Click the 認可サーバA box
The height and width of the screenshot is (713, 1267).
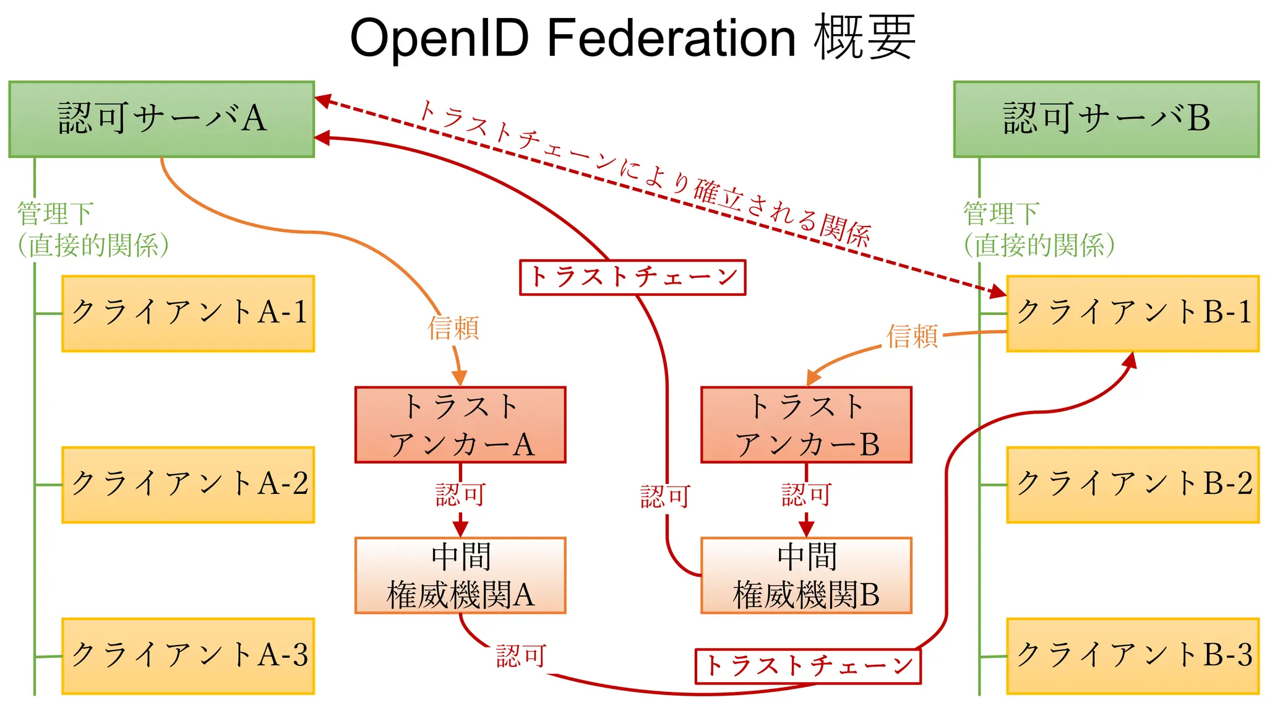coord(161,119)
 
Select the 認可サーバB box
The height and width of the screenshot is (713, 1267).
coord(1106,119)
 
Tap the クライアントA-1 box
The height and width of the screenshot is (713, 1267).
coord(188,313)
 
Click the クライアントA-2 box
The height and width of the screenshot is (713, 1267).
coord(188,485)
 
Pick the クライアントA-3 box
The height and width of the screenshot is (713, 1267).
coord(188,655)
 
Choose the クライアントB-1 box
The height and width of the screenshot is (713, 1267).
coord(1133,313)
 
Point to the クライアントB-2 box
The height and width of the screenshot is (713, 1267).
coord(1133,485)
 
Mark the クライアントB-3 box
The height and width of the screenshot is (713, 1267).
coord(1133,655)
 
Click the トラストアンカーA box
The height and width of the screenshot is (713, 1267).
coord(460,425)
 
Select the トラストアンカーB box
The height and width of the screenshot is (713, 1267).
coord(806,425)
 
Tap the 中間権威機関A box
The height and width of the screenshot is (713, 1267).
coord(460,575)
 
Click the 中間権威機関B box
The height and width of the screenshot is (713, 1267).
coord(806,575)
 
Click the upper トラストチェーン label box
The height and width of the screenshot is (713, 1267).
coord(632,277)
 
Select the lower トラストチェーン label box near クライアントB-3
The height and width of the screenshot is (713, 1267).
coord(808,666)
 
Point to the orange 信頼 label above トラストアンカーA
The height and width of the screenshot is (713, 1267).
coord(453,328)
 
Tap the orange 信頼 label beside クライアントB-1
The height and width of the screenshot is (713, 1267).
coord(912,336)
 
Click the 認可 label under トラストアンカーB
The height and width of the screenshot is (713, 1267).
coord(806,495)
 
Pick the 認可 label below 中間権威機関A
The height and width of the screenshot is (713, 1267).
coord(521,656)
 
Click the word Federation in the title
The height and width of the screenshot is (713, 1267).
coord(671,38)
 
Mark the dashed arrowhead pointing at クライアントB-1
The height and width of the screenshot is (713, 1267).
coord(998,291)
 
